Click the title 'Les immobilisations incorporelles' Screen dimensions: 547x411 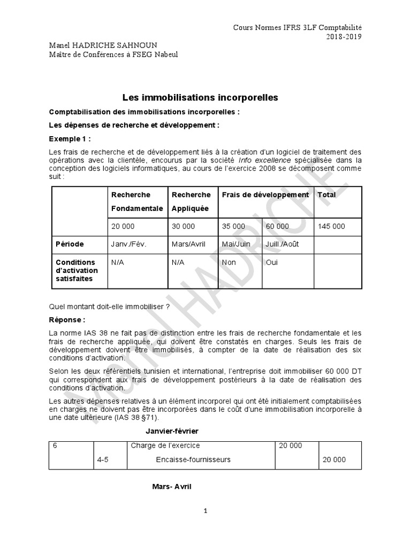click(x=200, y=98)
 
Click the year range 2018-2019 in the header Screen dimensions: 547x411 click(x=345, y=37)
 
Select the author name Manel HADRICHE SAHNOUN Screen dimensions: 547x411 click(x=99, y=45)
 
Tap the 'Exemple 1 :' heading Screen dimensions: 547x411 click(x=70, y=139)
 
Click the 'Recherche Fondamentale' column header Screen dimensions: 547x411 click(x=136, y=201)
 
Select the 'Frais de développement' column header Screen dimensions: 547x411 click(x=265, y=195)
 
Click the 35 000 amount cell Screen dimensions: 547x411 click(x=233, y=226)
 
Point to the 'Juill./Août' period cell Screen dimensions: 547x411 click(x=281, y=244)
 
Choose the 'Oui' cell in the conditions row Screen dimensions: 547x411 click(x=272, y=262)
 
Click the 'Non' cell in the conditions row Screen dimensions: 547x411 click(x=229, y=262)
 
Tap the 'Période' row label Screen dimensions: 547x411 click(x=70, y=244)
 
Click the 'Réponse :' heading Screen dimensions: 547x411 click(x=67, y=321)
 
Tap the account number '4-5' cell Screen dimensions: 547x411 click(x=103, y=459)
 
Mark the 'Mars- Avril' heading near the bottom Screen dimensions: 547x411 click(x=172, y=487)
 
